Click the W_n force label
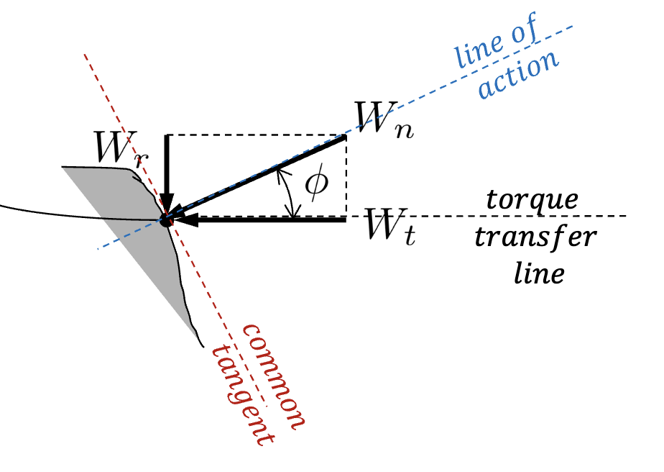(x=382, y=121)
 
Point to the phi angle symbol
(x=315, y=184)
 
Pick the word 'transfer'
(x=535, y=237)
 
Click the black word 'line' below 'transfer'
(x=538, y=274)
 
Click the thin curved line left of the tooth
(x=72, y=214)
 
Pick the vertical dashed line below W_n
(x=346, y=176)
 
